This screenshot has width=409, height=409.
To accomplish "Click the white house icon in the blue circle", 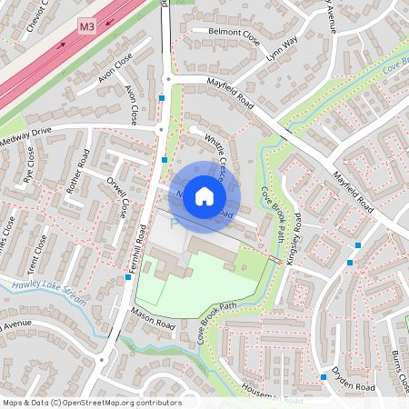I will (204, 196).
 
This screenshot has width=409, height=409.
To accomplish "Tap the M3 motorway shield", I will (87, 28).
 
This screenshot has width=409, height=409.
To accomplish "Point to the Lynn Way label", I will (282, 48).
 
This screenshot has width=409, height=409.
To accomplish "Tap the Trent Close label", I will (39, 257).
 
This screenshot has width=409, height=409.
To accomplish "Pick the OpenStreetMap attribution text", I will (91, 402).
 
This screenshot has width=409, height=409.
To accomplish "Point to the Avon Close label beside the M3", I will (115, 72).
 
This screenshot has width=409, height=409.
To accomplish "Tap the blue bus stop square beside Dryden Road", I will (323, 376).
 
